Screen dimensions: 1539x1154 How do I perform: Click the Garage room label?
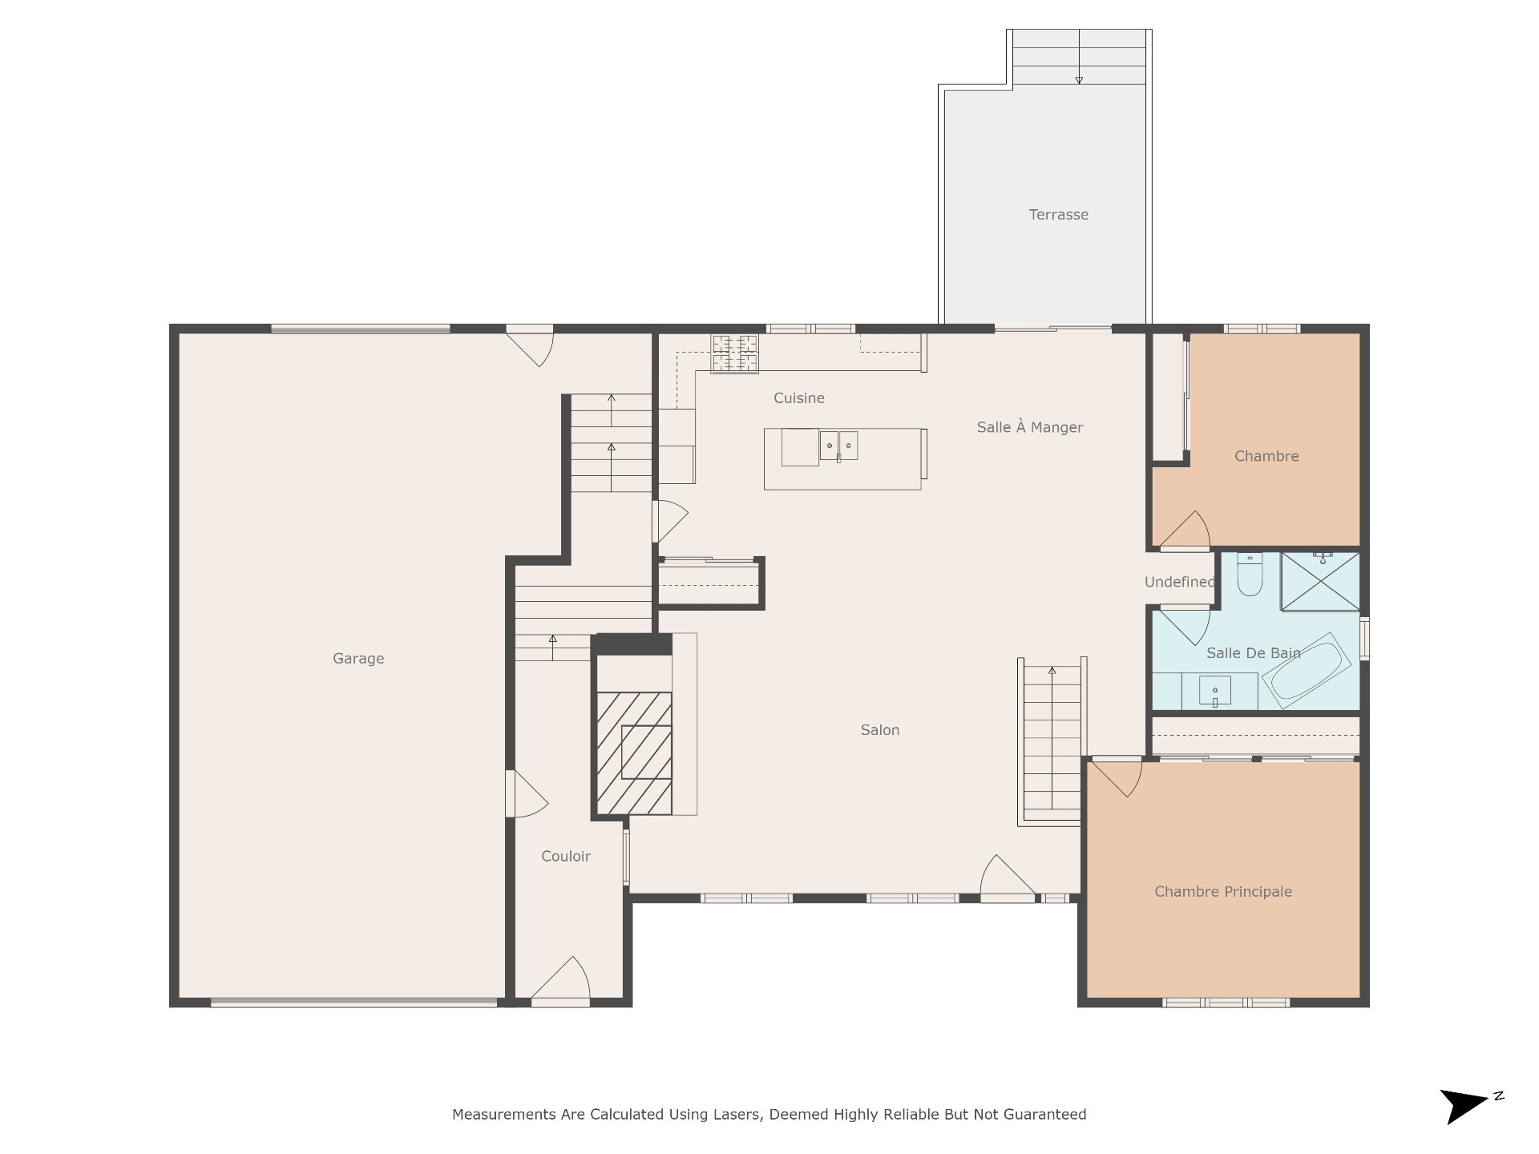[358, 659]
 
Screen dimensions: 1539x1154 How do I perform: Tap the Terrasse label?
[1058, 215]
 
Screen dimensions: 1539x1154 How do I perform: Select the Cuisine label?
[798, 398]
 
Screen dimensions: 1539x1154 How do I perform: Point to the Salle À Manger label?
[1029, 427]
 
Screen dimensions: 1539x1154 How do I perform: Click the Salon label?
[879, 730]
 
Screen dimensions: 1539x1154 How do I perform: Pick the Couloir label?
[565, 857]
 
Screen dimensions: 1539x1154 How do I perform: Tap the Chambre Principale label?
[1222, 892]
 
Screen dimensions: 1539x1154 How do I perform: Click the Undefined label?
[1179, 583]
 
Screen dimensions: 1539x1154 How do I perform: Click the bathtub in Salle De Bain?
[1306, 671]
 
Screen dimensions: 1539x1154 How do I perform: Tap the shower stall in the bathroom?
[1320, 581]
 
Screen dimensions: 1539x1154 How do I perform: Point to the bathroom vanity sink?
[1214, 691]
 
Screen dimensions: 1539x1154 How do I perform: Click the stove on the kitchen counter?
[734, 353]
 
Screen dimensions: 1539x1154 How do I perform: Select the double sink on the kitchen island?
[838, 446]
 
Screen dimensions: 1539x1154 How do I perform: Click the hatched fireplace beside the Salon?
[634, 754]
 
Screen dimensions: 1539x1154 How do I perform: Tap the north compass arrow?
[1464, 1106]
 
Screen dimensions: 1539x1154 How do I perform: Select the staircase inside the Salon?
[1052, 741]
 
